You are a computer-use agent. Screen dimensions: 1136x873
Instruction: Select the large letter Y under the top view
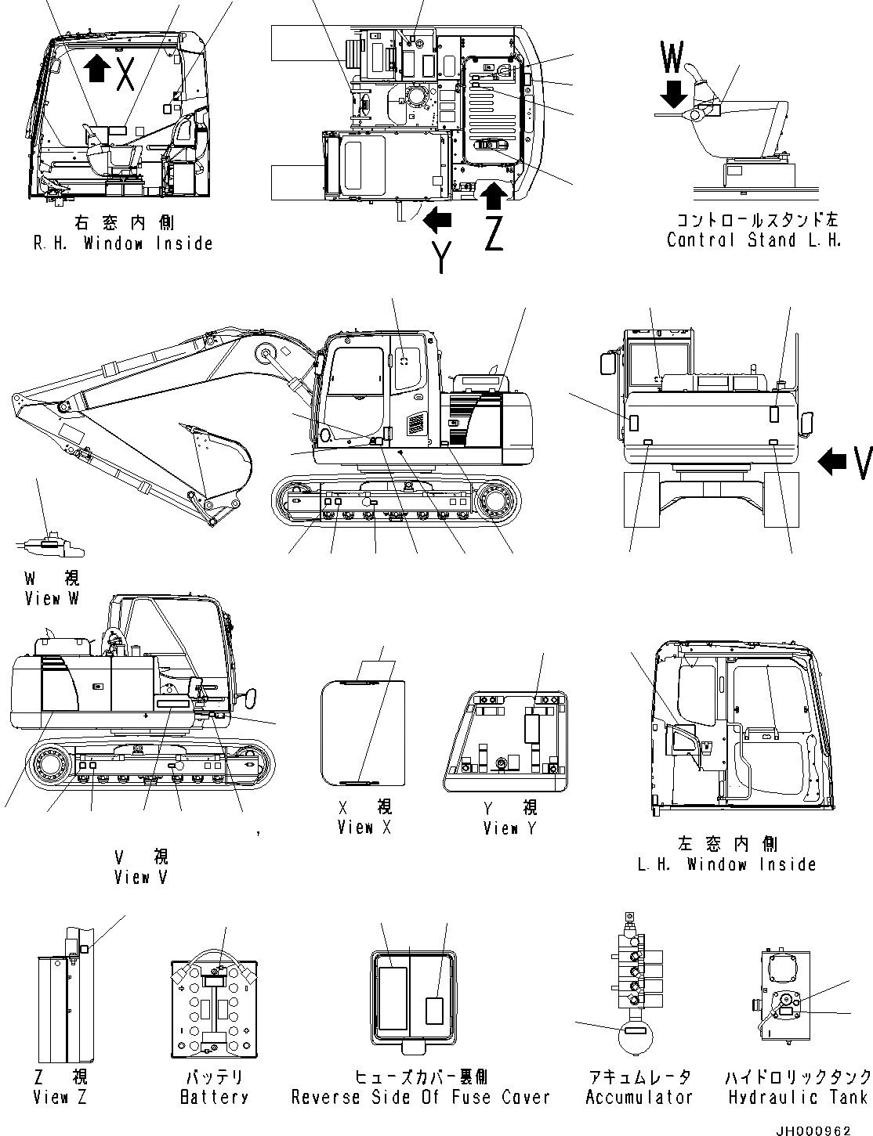tap(442, 255)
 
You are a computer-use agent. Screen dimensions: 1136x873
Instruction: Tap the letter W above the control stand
tap(672, 58)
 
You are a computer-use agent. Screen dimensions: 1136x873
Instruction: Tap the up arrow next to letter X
tap(97, 68)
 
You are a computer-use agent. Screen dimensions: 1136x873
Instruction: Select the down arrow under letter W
tap(672, 95)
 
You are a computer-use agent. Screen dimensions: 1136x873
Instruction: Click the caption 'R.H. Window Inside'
tap(123, 243)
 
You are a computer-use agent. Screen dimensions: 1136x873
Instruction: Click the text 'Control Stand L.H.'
tap(754, 240)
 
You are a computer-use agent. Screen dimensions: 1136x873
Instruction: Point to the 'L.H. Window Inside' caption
tap(726, 864)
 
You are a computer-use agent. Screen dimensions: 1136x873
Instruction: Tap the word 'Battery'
tap(214, 1098)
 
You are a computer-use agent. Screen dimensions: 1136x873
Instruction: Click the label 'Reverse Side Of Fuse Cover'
tap(421, 1098)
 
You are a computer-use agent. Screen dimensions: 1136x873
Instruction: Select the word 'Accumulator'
tap(639, 1098)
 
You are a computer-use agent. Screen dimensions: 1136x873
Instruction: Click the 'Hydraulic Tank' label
tap(797, 1098)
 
